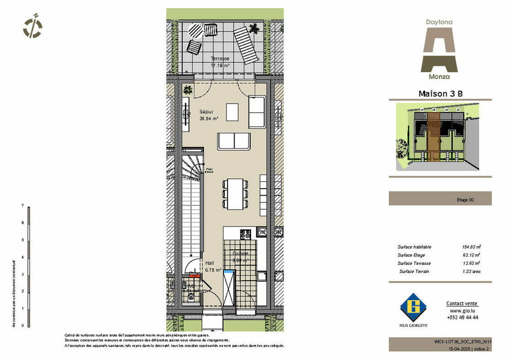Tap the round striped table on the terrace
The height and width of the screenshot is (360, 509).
(196, 31)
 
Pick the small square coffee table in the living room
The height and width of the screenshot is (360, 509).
(233, 111)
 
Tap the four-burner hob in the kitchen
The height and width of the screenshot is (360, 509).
(245, 235)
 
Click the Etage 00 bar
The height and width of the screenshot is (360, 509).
(440, 198)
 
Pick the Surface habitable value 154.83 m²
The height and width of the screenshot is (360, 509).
(470, 247)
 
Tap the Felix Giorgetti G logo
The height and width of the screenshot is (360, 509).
(414, 307)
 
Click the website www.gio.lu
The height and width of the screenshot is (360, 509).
(462, 311)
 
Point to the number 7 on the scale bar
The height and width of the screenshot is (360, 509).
(23, 205)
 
